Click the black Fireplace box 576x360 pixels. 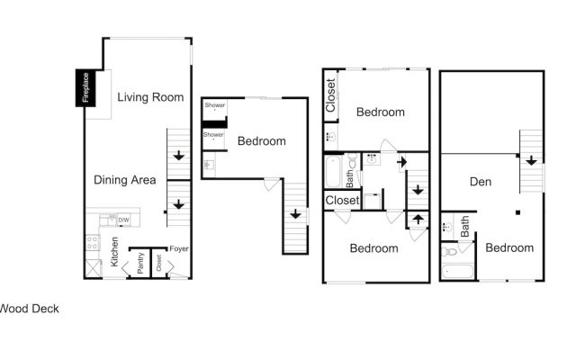coord(85,88)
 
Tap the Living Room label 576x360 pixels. coord(150,97)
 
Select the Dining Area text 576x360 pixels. coord(125,180)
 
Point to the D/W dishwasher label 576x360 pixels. coord(124,220)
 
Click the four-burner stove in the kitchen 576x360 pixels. coord(92,243)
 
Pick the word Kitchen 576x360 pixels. coord(114,252)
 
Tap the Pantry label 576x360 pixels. coord(140,263)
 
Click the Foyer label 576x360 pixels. coord(179,248)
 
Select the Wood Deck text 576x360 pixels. coord(30,309)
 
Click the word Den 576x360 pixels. coord(481,182)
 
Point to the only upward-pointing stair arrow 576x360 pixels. coord(418,219)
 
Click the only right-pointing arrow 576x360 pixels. coord(402,162)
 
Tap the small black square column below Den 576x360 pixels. coord(518,212)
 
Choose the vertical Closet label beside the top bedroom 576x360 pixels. coord(330,95)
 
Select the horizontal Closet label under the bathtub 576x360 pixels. coord(342,200)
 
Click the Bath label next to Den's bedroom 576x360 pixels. coord(464,226)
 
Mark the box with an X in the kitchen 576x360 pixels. coord(93,268)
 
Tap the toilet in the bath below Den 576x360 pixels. coord(450,252)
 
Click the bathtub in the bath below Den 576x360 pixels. coord(457,271)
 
